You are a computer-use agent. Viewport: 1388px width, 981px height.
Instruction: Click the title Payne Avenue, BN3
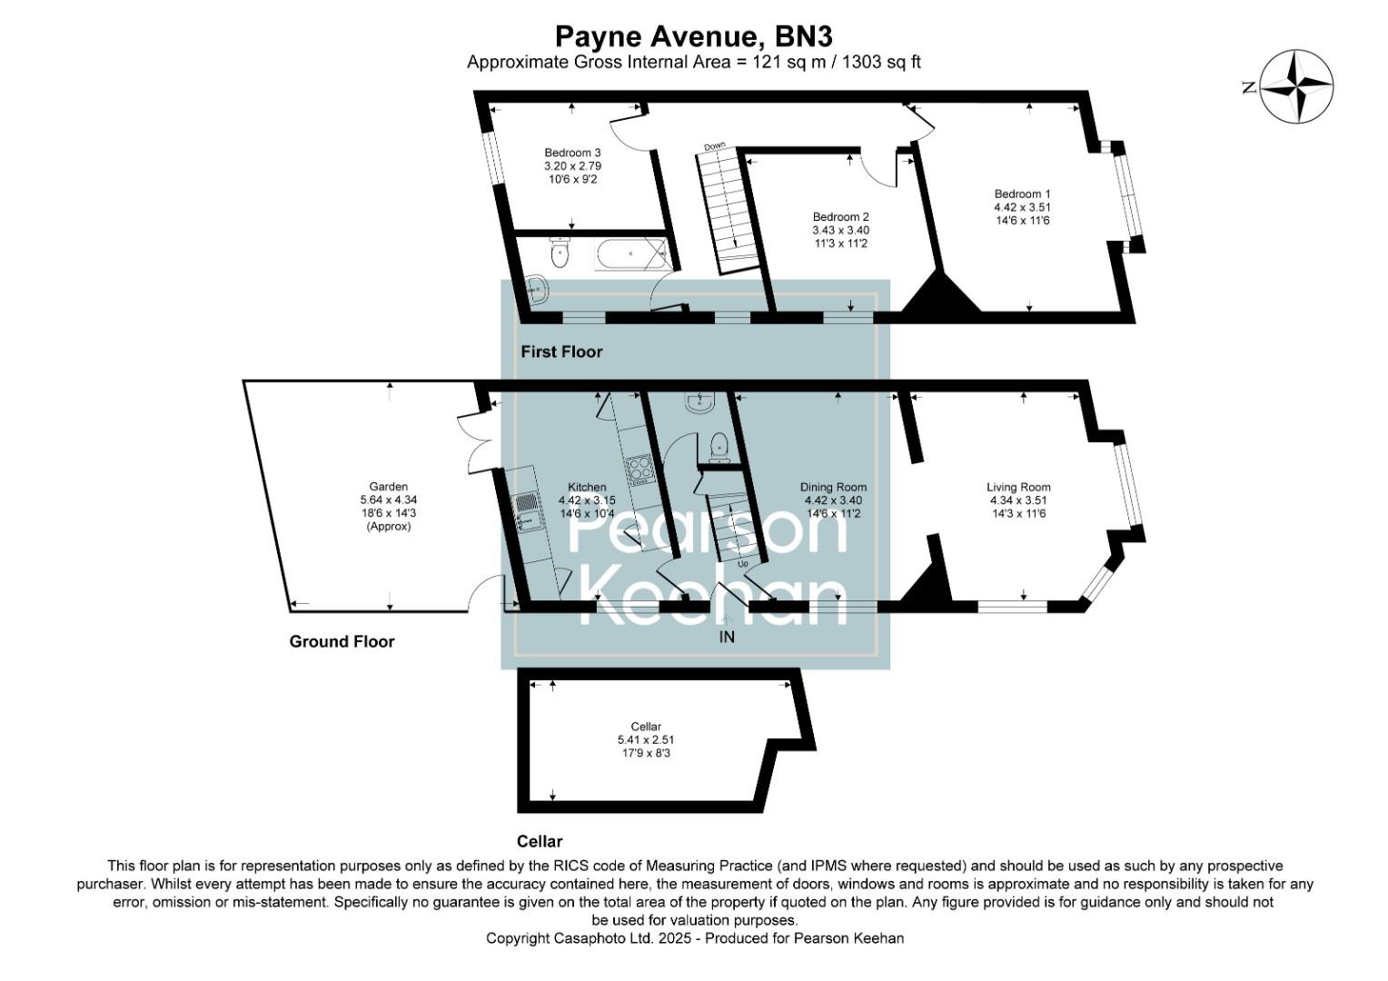click(x=693, y=36)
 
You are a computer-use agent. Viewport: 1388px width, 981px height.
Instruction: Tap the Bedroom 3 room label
click(x=572, y=153)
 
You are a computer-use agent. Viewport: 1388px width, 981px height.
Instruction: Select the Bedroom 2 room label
click(x=840, y=217)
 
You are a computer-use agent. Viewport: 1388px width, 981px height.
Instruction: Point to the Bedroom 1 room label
click(x=1022, y=194)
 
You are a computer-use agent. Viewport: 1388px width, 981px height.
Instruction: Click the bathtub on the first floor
click(x=630, y=254)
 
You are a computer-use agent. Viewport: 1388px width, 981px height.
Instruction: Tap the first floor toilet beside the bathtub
click(x=559, y=254)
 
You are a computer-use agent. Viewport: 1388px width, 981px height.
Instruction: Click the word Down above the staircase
click(x=715, y=146)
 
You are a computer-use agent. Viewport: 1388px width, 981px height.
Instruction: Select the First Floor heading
click(x=561, y=352)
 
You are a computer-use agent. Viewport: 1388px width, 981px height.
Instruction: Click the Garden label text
click(x=388, y=487)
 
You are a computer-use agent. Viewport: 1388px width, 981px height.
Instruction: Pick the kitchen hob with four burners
click(x=639, y=468)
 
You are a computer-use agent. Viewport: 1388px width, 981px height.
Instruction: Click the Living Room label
click(x=1018, y=487)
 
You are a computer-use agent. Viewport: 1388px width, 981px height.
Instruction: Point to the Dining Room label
click(x=833, y=487)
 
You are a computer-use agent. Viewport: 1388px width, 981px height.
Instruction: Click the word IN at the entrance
click(x=727, y=638)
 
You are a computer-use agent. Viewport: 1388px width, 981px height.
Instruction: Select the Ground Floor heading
click(x=342, y=641)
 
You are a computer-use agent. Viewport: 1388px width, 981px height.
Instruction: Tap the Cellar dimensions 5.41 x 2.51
click(x=646, y=740)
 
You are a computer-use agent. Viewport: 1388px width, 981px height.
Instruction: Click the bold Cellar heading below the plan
click(x=540, y=841)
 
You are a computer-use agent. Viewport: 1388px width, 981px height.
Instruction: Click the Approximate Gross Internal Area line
click(x=693, y=62)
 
